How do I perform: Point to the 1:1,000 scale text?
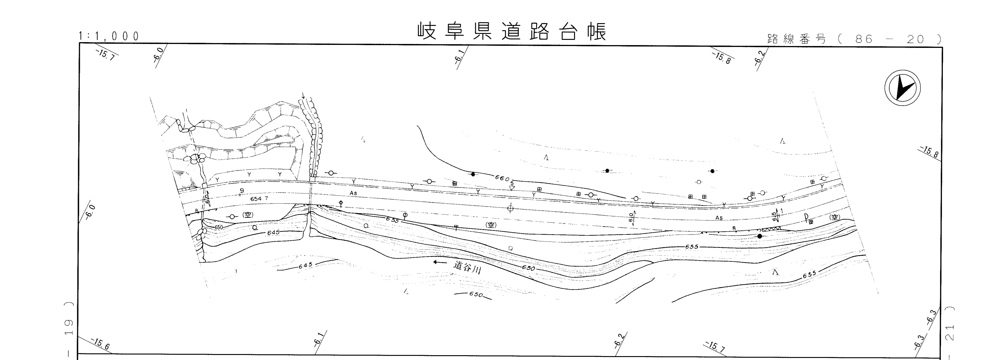pos(109,36)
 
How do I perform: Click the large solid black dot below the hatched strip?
pos(759,236)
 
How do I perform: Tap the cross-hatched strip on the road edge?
pos(771,229)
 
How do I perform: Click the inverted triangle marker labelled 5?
pos(512,188)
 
